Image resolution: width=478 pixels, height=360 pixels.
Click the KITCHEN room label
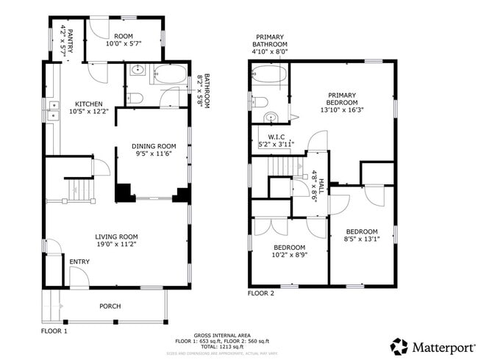tap(88, 104)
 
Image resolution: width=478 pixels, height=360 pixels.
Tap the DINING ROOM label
tap(154, 145)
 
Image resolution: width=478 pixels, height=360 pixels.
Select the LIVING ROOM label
tap(116, 236)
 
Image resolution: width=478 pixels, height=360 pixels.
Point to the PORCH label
tap(110, 306)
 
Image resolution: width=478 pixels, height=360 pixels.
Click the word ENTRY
tap(79, 262)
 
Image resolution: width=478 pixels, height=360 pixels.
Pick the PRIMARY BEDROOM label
tap(342, 95)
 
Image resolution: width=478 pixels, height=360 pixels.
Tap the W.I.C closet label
tap(277, 137)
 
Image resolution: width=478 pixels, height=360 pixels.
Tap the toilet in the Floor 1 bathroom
tap(135, 98)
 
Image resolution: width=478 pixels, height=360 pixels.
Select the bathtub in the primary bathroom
tap(269, 74)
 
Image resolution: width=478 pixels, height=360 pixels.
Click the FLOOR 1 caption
tap(54, 331)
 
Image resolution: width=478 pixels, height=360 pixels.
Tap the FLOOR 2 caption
tap(261, 293)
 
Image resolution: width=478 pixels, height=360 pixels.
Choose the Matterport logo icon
tap(399, 345)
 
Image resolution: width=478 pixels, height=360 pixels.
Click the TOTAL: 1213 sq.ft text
tap(221, 347)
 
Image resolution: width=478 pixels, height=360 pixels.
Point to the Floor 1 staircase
tap(79, 190)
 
